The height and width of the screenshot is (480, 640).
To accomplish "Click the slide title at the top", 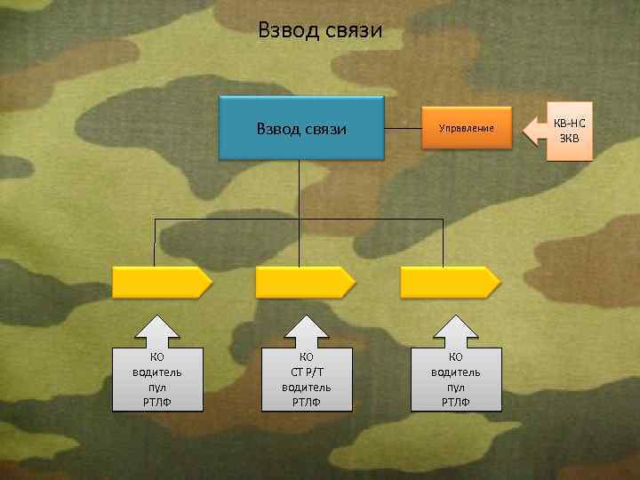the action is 320,31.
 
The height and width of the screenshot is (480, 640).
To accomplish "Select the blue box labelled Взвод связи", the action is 300,129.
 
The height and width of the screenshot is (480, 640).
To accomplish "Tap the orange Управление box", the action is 466,129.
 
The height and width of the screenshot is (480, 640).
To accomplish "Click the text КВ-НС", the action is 569,122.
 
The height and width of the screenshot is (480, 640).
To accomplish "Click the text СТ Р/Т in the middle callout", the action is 307,372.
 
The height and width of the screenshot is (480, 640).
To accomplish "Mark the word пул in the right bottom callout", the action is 456,388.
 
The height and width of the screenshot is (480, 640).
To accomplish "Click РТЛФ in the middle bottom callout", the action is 307,403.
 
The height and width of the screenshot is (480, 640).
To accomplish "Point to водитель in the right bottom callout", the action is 456,372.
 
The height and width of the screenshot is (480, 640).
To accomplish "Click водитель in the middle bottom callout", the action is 307,388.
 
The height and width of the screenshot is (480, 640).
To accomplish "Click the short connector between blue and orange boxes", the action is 404,129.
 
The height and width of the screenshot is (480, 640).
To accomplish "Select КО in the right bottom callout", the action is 456,357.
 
